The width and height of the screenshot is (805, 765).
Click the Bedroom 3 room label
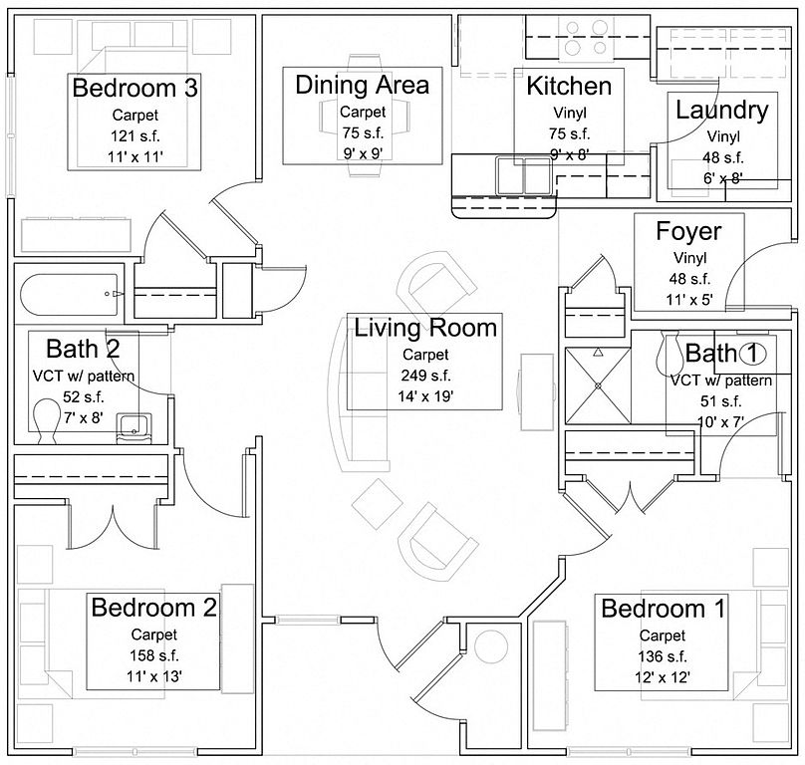click(135, 88)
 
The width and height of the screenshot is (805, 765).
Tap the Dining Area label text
click(363, 85)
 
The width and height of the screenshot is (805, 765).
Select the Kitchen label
click(569, 86)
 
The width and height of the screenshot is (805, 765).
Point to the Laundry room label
click(722, 111)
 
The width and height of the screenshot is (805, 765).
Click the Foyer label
click(688, 232)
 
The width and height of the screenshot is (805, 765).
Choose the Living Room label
click(425, 328)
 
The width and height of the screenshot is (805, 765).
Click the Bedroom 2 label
click(154, 608)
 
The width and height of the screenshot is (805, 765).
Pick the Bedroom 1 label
click(663, 609)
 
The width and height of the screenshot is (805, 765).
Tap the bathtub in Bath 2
click(70, 294)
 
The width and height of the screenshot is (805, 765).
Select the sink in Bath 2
click(134, 428)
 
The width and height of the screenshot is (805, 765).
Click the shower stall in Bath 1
click(598, 385)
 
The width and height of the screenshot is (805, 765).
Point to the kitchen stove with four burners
click(586, 38)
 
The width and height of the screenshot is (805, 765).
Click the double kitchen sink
click(524, 176)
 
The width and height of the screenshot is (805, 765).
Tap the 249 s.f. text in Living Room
click(425, 376)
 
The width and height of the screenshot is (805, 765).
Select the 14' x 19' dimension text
click(425, 396)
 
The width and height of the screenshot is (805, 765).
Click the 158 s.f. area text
click(154, 655)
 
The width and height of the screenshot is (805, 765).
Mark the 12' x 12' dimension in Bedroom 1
click(663, 677)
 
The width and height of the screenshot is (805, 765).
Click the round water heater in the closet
click(491, 645)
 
